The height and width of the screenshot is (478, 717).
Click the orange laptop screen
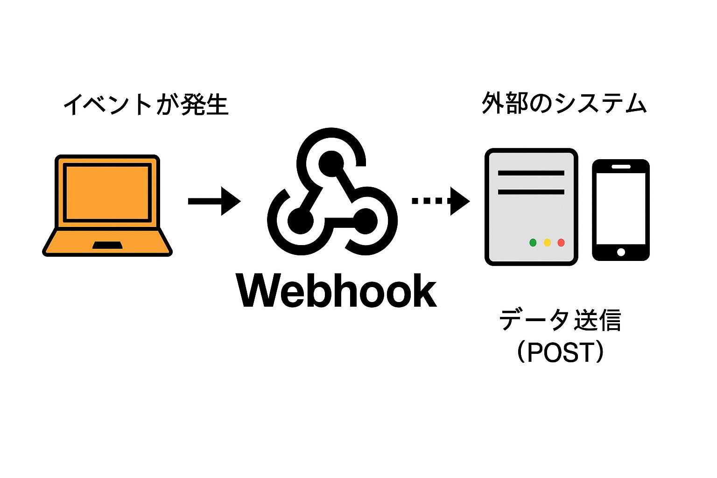click(107, 192)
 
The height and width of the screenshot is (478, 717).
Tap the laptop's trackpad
click(107, 245)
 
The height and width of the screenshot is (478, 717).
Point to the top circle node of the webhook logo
click(331, 164)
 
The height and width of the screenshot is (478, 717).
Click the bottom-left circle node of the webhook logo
click(300, 221)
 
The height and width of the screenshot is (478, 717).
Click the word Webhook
click(337, 291)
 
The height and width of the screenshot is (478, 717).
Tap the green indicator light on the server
click(533, 242)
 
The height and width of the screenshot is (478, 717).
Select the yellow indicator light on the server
click(547, 242)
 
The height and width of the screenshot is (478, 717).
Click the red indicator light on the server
click(561, 242)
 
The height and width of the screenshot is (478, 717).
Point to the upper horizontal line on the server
click(531, 173)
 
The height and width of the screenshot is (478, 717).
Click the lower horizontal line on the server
click(531, 191)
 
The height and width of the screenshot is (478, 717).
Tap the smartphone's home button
click(621, 252)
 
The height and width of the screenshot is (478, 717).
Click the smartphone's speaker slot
click(621, 167)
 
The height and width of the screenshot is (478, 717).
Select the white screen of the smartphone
click(621, 208)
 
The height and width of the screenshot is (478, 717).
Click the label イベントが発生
click(146, 104)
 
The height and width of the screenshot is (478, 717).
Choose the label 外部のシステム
click(564, 103)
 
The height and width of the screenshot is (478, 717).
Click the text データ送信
click(560, 320)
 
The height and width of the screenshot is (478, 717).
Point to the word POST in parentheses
click(560, 352)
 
